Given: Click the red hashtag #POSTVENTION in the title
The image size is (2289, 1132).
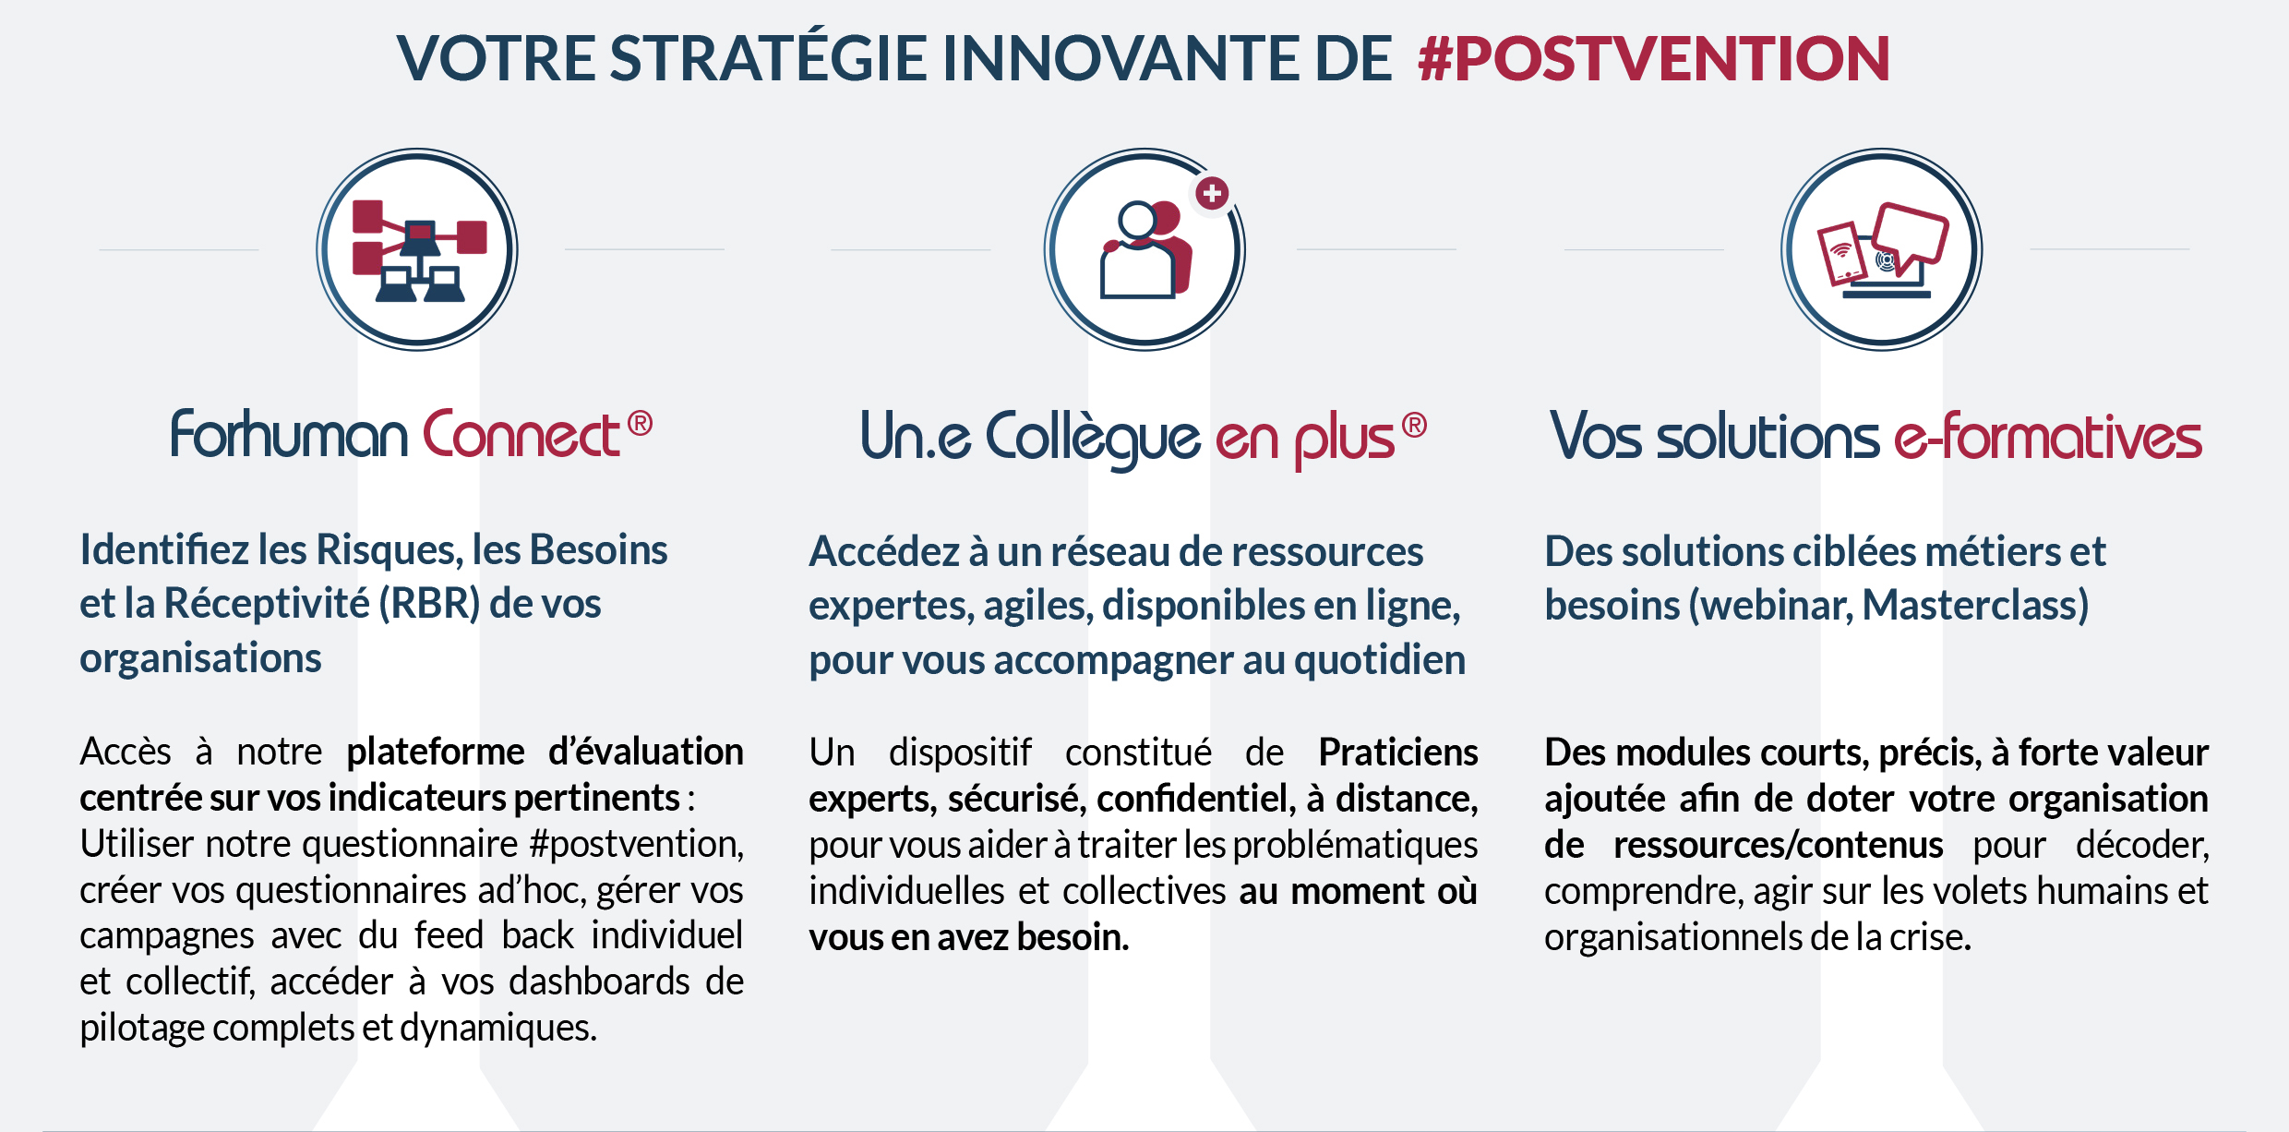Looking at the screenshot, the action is tap(1654, 58).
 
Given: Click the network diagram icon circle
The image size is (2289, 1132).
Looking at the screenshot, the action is tap(417, 249).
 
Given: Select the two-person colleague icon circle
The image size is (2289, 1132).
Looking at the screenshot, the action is tap(1144, 249).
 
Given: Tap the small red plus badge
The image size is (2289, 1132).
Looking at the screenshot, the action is tap(1212, 193).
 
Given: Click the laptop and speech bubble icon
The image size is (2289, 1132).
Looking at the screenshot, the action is tap(1882, 249).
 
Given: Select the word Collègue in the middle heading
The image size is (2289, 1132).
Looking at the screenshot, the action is tap(1093, 439).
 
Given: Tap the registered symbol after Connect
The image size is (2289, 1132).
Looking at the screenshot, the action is tap(640, 423).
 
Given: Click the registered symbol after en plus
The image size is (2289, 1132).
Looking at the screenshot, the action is tap(1414, 425).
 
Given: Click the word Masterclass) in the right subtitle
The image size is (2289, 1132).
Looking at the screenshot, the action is tap(1975, 606).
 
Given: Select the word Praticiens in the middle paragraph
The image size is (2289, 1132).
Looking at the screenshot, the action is tap(1398, 753).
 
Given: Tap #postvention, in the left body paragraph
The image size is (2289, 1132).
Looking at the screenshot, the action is tap(637, 845).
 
